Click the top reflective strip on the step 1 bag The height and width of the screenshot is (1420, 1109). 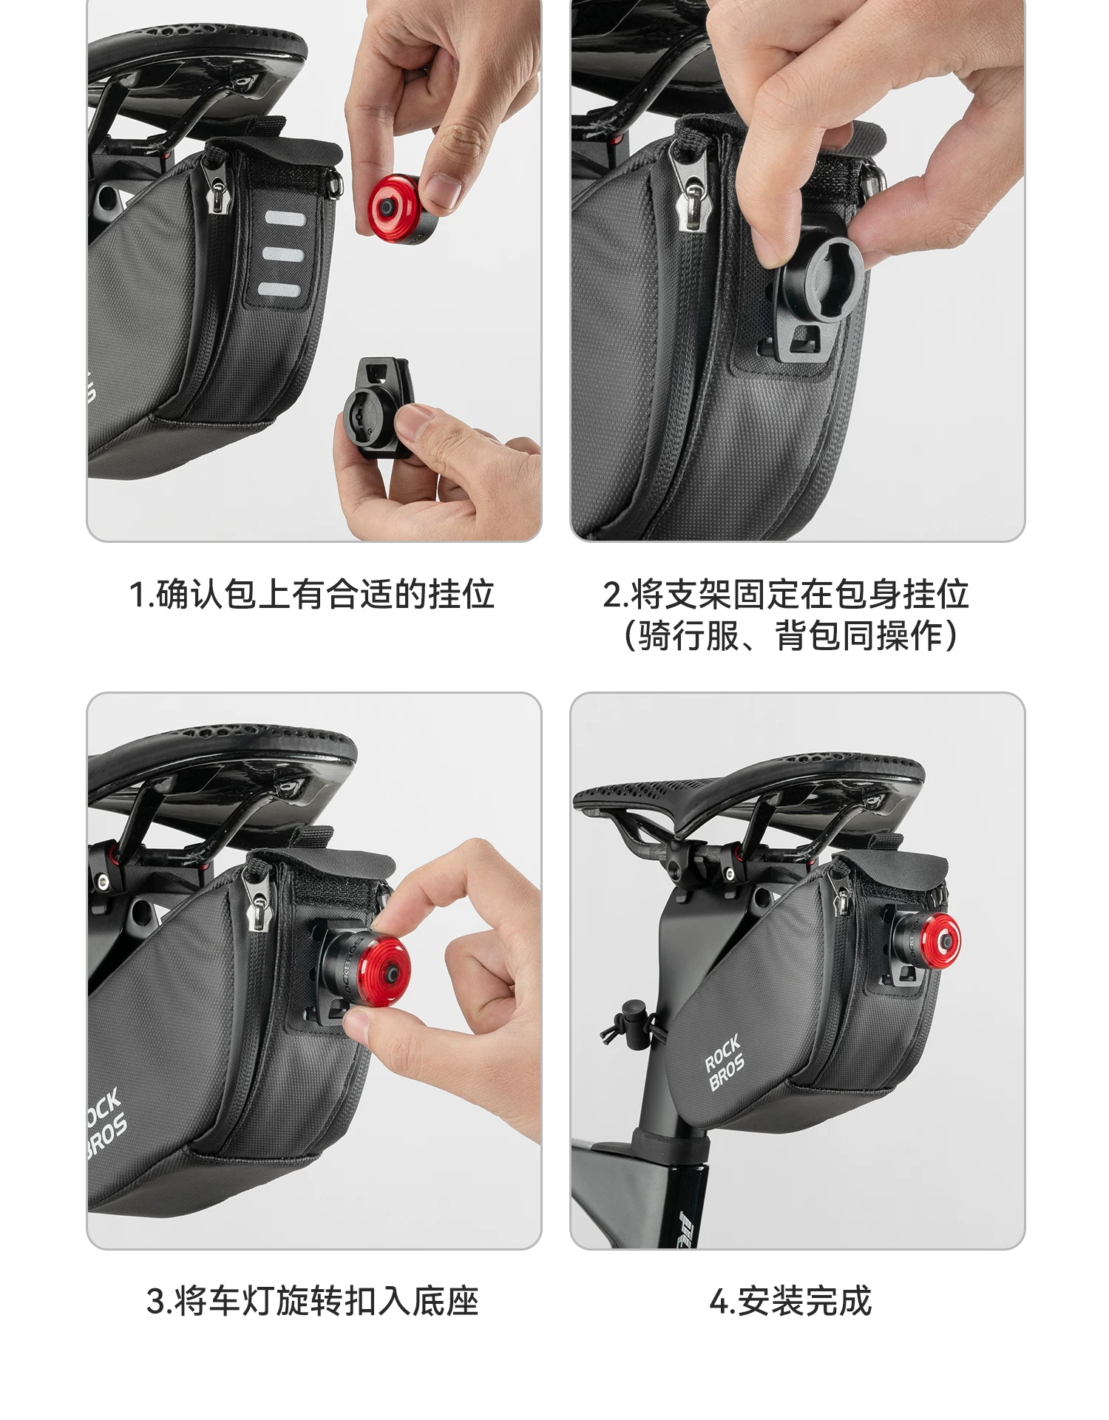point(285,220)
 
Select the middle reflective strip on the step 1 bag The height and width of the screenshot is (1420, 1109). point(283,255)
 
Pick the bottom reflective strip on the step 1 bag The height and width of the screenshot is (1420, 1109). point(279,289)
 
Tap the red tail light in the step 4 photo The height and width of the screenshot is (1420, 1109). point(937,943)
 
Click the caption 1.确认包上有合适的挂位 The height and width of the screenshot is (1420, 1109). point(311,595)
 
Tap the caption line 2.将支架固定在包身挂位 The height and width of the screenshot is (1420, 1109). point(785,595)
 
